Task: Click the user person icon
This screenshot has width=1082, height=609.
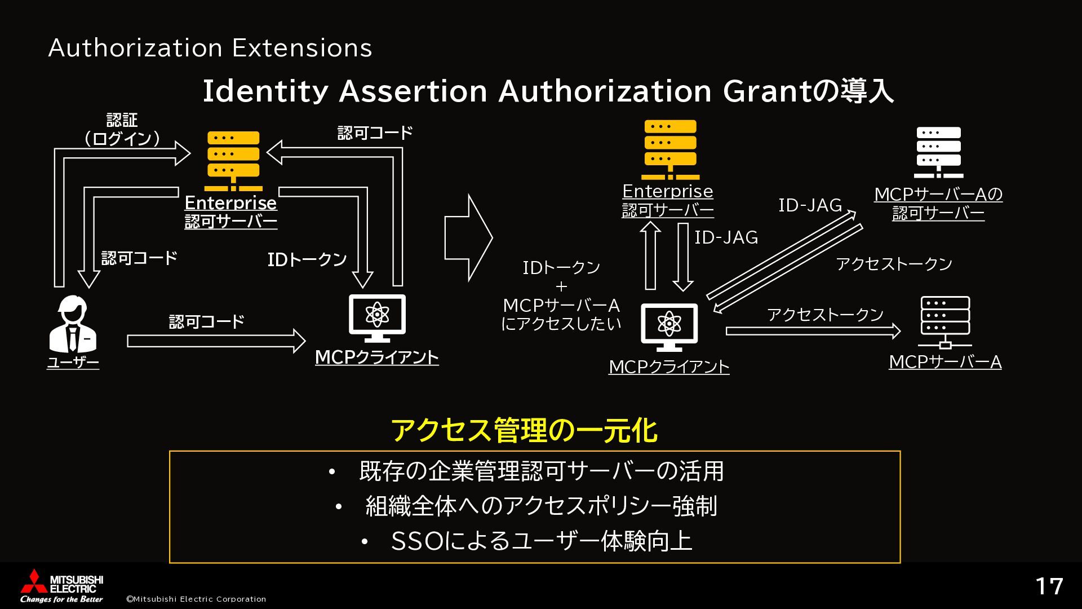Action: [73, 324]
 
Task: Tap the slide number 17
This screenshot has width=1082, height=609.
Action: [1049, 586]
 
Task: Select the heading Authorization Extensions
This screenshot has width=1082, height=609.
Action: [210, 48]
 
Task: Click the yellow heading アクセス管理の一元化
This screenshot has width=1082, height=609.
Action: [524, 431]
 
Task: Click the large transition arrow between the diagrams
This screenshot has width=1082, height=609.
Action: [468, 238]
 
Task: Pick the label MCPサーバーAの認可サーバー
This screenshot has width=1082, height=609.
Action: [938, 204]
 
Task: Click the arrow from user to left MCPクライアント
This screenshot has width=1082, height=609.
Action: [216, 341]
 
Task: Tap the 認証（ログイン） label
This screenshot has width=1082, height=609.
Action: [122, 130]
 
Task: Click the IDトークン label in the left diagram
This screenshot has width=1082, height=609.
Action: [307, 259]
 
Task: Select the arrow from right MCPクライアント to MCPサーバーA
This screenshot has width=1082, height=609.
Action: [813, 331]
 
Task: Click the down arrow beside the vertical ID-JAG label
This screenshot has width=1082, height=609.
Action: [683, 257]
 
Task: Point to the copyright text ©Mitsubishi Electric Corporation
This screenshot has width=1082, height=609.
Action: [196, 599]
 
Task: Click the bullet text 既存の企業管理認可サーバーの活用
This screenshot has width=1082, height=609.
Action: [541, 471]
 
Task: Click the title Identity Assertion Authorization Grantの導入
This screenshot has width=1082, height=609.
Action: [548, 91]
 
